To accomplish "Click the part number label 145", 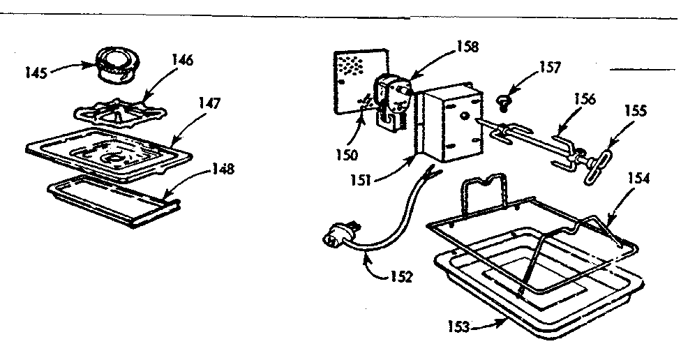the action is [x=36, y=73].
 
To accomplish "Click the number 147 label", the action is [x=210, y=103].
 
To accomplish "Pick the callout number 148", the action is [x=223, y=169].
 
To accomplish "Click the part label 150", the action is [x=347, y=155].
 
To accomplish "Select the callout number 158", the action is [x=467, y=47].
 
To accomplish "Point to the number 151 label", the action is [x=361, y=180].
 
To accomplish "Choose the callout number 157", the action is [x=550, y=68].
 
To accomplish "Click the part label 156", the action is [x=584, y=99].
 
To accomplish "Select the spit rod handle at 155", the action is [x=597, y=165].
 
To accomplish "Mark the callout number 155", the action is [x=636, y=111].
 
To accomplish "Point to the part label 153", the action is [x=459, y=327].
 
